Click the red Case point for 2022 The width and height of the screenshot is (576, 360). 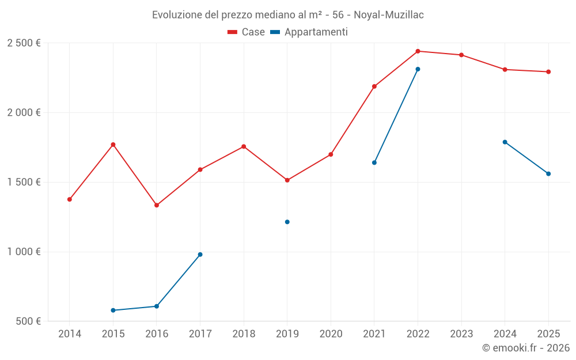pyautogui.click(x=418, y=51)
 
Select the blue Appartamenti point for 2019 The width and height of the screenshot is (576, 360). pyautogui.click(x=287, y=222)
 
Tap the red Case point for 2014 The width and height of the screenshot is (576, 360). pyautogui.click(x=70, y=199)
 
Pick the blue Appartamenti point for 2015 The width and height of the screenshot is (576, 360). pyautogui.click(x=113, y=310)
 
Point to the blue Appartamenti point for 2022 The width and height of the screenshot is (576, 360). pyautogui.click(x=418, y=69)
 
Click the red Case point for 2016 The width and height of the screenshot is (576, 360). pyautogui.click(x=157, y=205)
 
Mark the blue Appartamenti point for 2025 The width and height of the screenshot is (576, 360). pyautogui.click(x=548, y=174)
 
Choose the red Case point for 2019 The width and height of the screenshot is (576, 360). pyautogui.click(x=287, y=180)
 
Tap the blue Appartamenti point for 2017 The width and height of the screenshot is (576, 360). pyautogui.click(x=200, y=255)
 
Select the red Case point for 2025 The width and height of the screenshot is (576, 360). pyautogui.click(x=548, y=72)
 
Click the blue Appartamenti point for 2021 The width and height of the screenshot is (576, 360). pyautogui.click(x=374, y=162)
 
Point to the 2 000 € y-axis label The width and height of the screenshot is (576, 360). pyautogui.click(x=24, y=113)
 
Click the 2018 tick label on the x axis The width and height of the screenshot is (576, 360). pyautogui.click(x=244, y=334)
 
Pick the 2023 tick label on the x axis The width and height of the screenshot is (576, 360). pyautogui.click(x=461, y=334)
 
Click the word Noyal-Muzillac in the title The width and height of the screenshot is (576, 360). pyautogui.click(x=389, y=15)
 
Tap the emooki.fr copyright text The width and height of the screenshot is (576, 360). pyautogui.click(x=525, y=348)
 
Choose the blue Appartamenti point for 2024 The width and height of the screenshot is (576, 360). pyautogui.click(x=505, y=142)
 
